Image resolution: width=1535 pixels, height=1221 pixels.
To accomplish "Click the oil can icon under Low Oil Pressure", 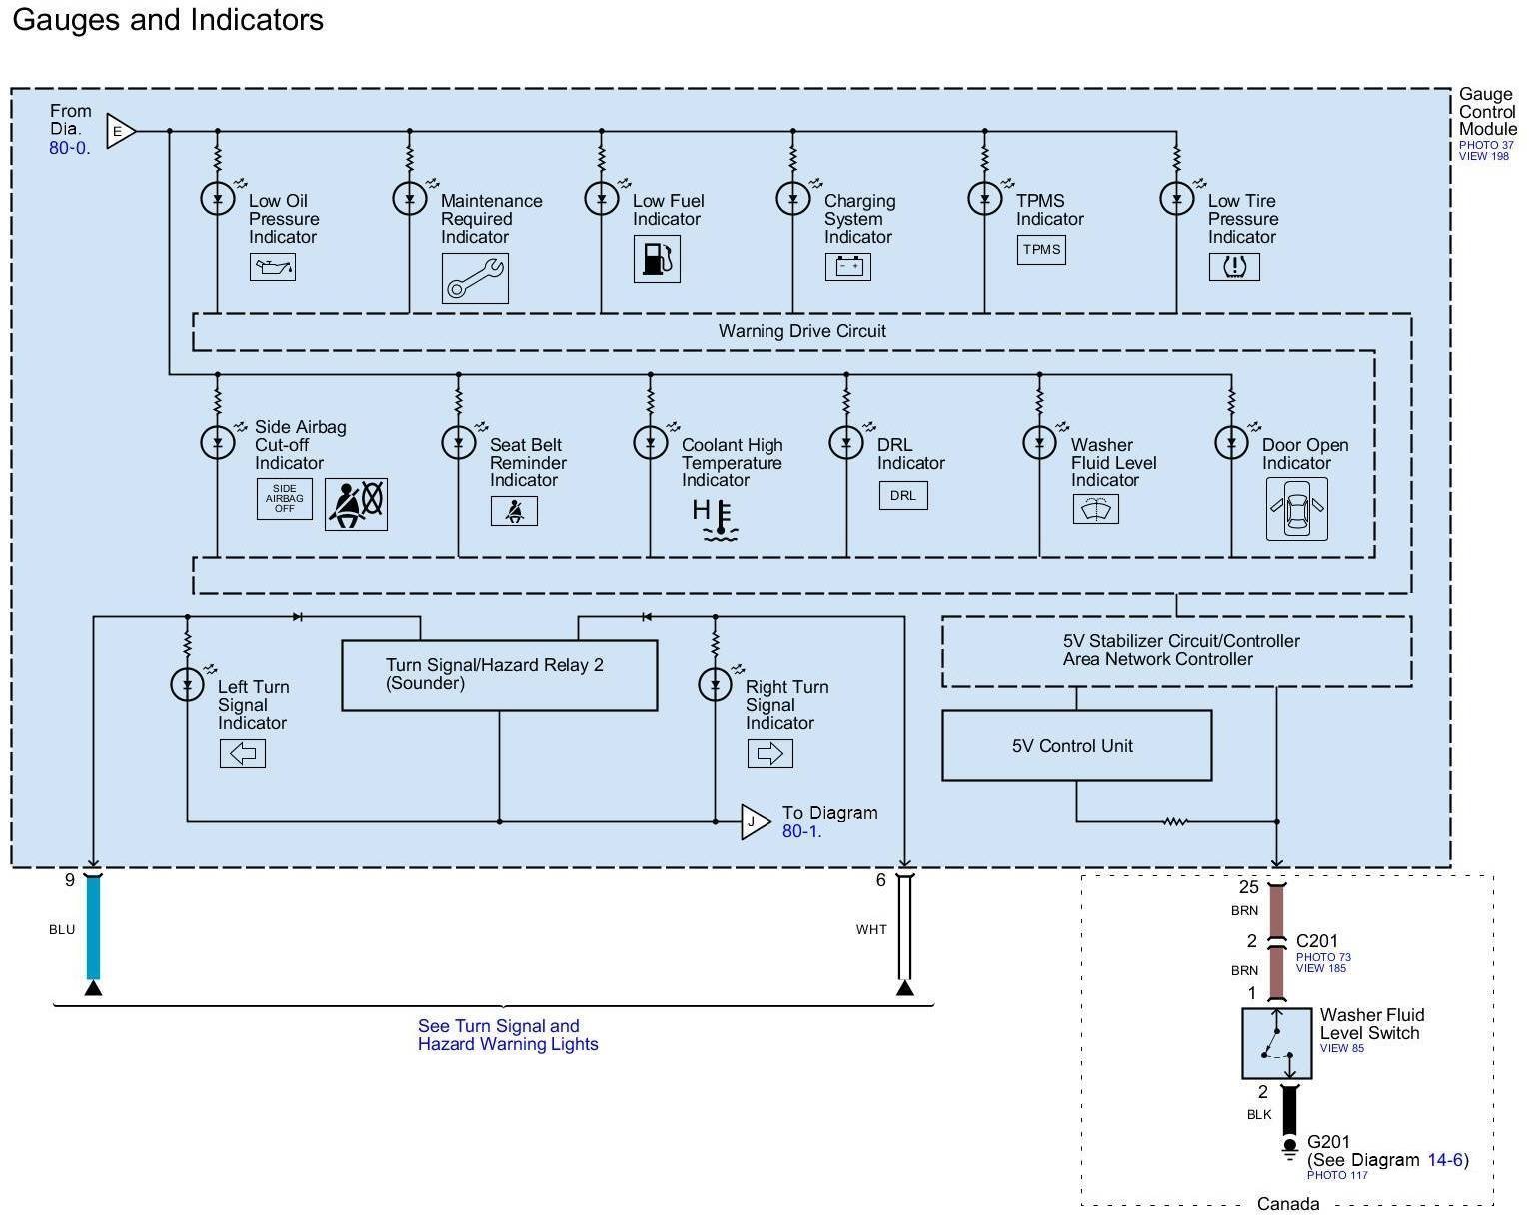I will (272, 267).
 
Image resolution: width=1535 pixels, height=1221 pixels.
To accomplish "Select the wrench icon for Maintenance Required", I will (475, 278).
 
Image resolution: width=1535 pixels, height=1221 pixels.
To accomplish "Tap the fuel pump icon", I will (657, 259).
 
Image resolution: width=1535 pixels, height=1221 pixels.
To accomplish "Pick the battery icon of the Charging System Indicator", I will (847, 266).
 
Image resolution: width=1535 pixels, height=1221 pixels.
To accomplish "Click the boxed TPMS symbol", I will (1041, 250).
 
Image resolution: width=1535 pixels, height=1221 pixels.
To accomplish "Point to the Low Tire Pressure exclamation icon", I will (1234, 267).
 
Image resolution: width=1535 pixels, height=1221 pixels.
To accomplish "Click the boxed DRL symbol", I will (903, 496).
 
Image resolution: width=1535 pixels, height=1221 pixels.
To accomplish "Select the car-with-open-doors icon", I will (1296, 509).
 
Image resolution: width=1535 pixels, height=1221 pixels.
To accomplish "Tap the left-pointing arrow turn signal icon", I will (243, 753).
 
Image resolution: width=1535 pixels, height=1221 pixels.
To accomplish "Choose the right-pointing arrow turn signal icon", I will (769, 753).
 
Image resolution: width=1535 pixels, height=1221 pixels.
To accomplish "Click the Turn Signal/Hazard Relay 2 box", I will (499, 675).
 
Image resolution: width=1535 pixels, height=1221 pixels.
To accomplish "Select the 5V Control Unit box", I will (1076, 746).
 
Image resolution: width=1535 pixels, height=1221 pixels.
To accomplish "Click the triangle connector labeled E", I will (120, 131).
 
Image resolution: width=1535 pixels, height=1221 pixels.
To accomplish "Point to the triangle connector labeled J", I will (754, 822).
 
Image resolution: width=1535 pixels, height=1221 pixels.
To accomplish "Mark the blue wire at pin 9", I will (93, 929).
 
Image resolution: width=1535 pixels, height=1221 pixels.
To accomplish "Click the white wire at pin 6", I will (904, 929).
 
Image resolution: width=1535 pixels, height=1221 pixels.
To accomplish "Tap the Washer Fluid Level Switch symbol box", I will (1276, 1043).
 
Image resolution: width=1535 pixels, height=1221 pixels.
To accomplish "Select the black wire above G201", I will (1289, 1111).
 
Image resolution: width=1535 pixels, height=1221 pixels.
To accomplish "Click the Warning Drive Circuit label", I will (801, 331).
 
